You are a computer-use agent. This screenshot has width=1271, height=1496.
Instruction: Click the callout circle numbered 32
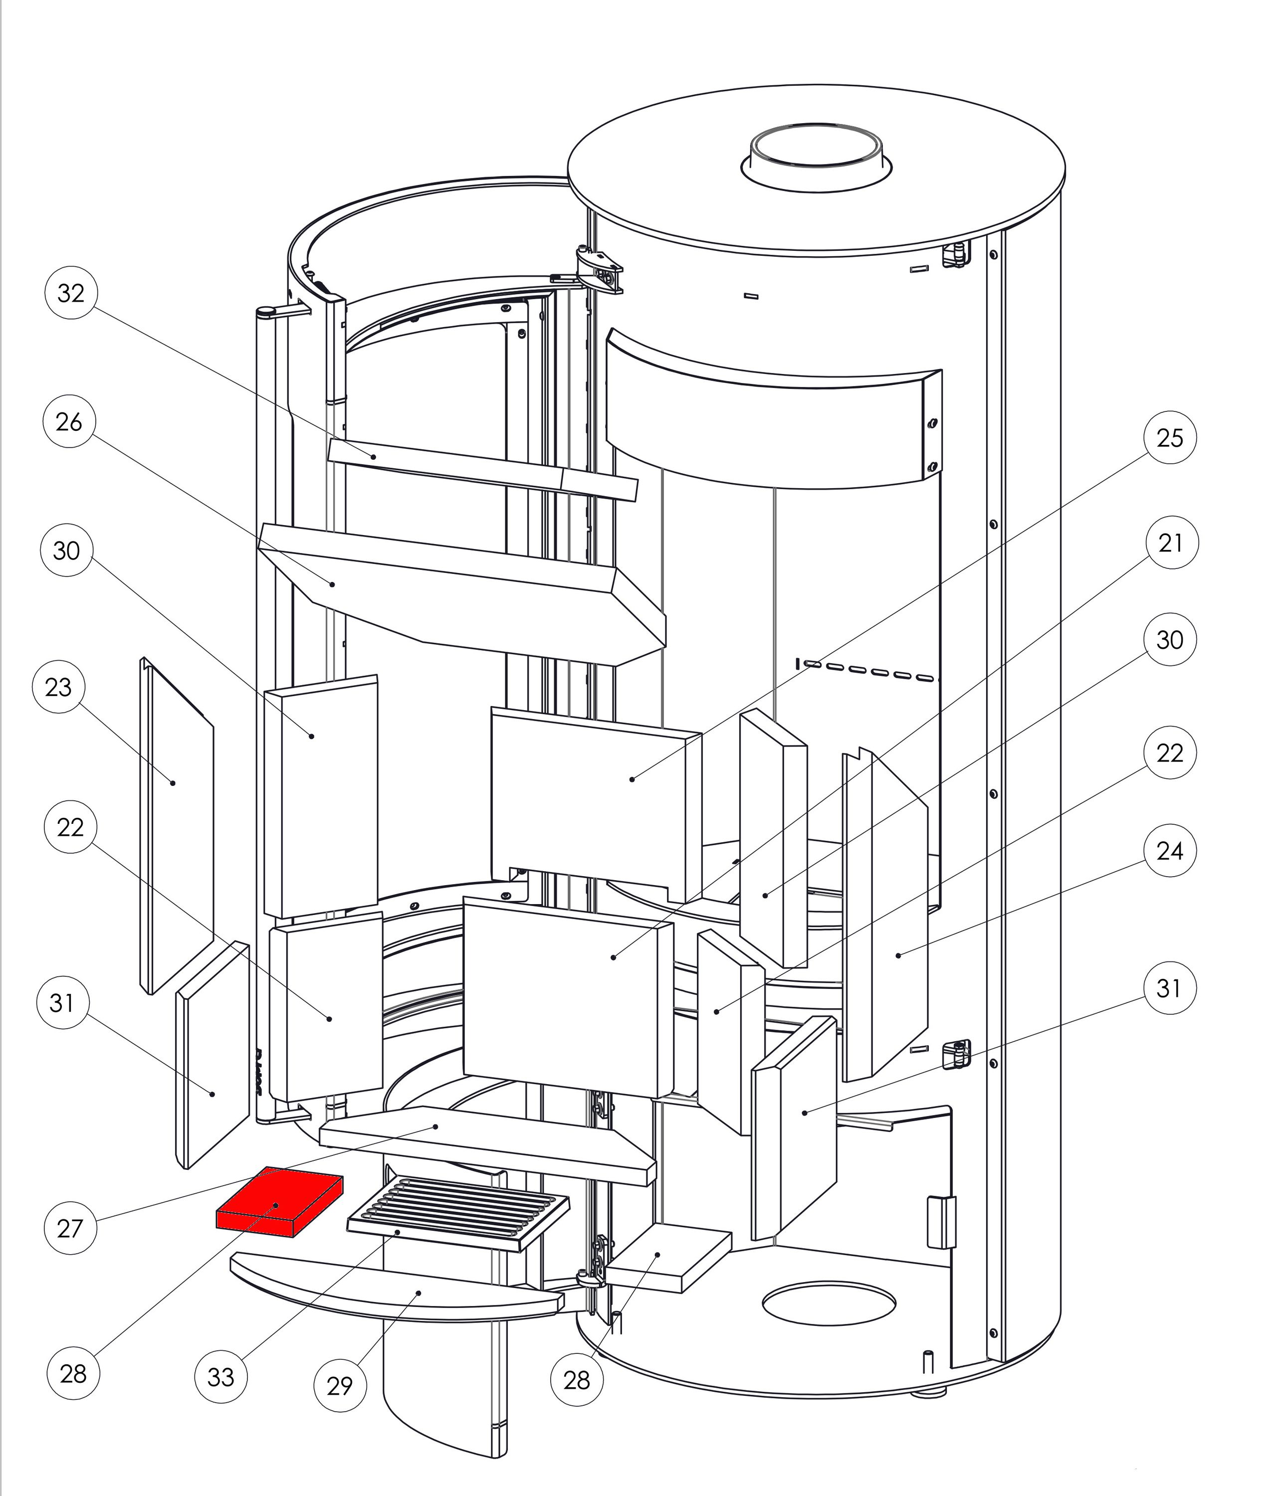(x=71, y=293)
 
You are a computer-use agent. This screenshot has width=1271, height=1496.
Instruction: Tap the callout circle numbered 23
(x=58, y=687)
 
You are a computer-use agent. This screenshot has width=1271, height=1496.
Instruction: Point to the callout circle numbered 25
(x=1169, y=438)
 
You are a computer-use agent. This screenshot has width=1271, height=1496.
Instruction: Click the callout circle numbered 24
(x=1169, y=851)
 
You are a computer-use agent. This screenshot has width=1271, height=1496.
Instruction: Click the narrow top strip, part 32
(x=475, y=468)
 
